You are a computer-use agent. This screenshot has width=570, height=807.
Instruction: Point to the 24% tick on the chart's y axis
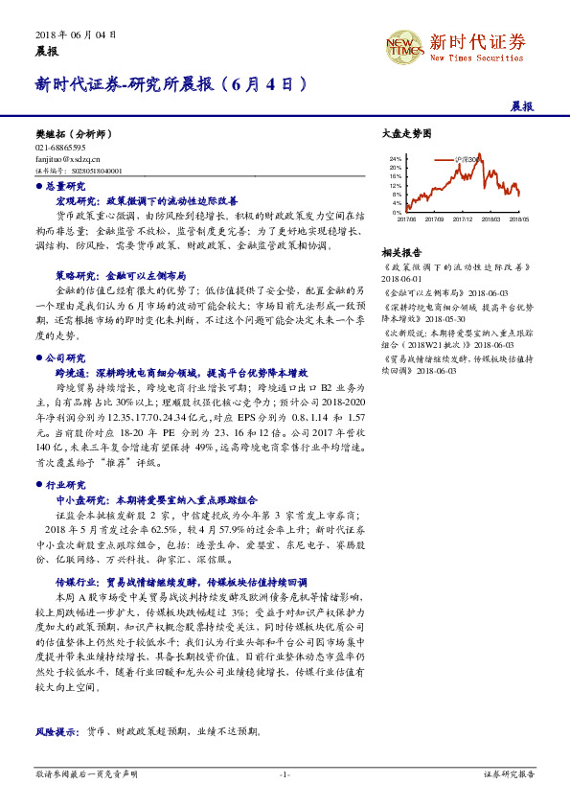(396, 158)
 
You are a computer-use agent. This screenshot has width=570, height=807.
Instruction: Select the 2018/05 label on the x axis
(519, 219)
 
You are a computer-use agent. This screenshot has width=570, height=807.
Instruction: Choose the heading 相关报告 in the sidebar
(397, 251)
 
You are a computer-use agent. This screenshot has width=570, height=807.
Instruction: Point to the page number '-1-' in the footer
(285, 772)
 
